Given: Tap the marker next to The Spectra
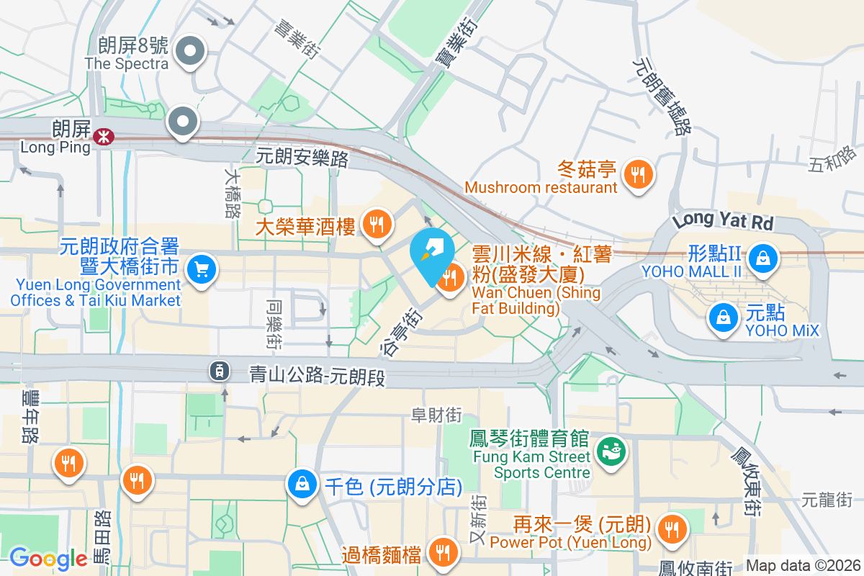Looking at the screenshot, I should click(x=191, y=52).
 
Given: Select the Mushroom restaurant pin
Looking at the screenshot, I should click(x=637, y=174).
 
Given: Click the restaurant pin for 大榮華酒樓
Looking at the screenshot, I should click(x=375, y=224).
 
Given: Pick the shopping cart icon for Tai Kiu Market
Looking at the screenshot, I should click(x=201, y=271).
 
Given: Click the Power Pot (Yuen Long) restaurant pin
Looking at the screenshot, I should click(x=672, y=529).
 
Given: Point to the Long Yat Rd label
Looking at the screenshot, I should click(x=722, y=220).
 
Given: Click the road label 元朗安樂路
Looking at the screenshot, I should click(x=303, y=157).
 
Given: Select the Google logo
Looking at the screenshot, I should click(x=48, y=558).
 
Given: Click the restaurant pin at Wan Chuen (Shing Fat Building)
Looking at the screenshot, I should click(x=451, y=279).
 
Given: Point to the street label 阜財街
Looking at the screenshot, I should click(x=436, y=415).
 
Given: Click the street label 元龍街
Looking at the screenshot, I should click(x=827, y=498).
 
